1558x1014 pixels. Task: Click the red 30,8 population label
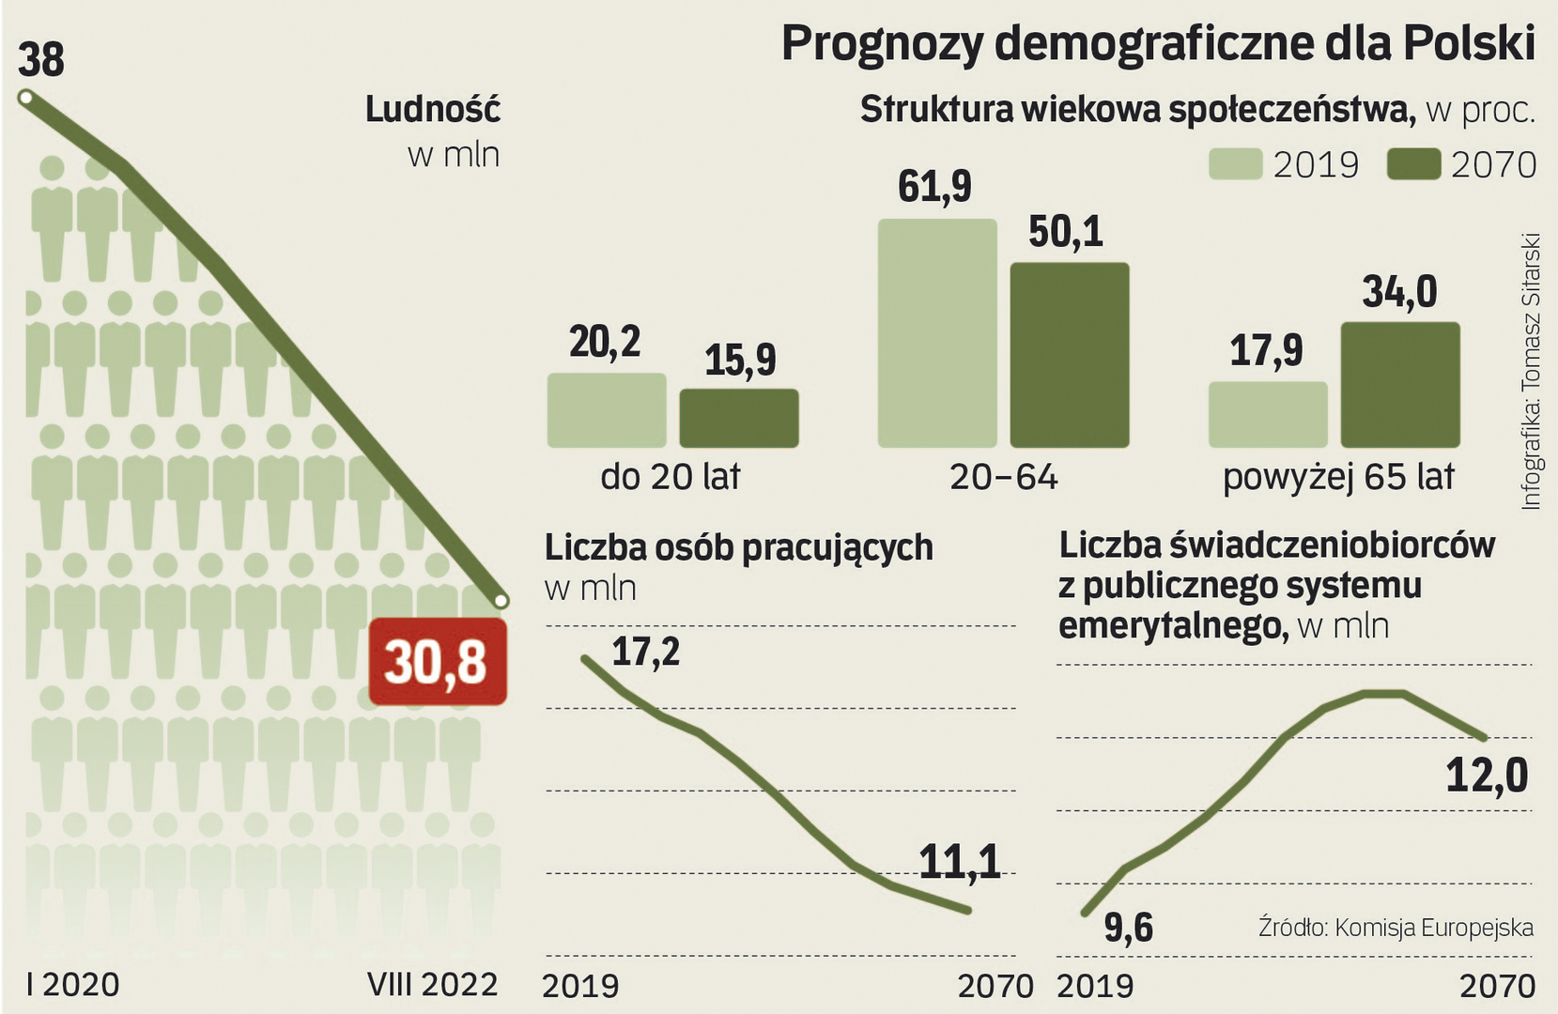tap(437, 662)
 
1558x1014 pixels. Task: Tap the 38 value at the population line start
tap(41, 60)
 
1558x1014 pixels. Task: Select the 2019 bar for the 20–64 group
tap(936, 333)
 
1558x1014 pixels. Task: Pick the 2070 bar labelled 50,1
tap(1069, 355)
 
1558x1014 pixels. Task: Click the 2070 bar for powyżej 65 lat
tap(1399, 385)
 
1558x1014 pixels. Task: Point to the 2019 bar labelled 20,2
tap(606, 410)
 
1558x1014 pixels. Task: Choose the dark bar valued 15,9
tap(739, 418)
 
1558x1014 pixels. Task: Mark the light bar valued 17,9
tap(1267, 414)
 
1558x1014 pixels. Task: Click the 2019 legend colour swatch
tap(1234, 164)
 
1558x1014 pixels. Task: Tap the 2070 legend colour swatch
tap(1413, 164)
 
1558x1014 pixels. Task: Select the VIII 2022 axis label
tap(432, 984)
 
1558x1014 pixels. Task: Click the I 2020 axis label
tap(73, 984)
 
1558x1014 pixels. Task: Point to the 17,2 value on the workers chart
tap(645, 651)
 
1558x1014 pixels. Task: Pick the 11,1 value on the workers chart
tap(959, 862)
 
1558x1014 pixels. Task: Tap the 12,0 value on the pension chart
tap(1487, 776)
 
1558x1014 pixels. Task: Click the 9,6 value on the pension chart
tap(1128, 928)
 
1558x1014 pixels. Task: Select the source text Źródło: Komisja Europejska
tap(1396, 928)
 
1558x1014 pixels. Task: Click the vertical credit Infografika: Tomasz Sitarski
tap(1531, 371)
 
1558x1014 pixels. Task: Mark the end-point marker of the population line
tap(501, 600)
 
